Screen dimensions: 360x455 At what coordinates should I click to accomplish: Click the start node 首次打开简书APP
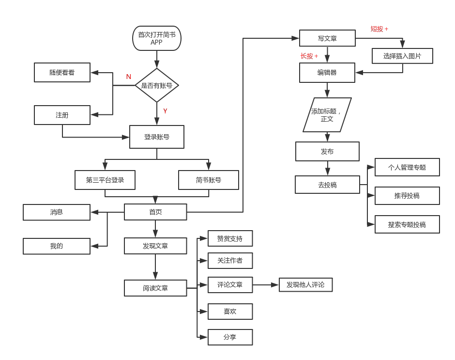tap(156, 38)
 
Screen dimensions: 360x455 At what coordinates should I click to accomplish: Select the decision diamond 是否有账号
tap(156, 85)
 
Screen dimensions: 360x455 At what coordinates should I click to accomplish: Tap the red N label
tap(128, 77)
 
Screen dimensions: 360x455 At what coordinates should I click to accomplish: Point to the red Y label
tap(165, 111)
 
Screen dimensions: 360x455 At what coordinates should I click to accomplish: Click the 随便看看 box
tap(62, 73)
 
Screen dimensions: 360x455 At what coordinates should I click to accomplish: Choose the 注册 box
tap(62, 115)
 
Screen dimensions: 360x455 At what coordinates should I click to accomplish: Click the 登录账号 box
tap(156, 137)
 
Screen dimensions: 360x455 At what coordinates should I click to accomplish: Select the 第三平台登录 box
tap(105, 180)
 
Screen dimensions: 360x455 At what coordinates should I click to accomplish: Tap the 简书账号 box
tap(209, 180)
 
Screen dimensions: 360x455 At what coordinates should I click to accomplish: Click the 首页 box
tap(155, 212)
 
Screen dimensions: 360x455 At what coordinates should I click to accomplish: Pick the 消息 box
tap(57, 212)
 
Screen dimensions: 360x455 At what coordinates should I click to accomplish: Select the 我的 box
tap(57, 246)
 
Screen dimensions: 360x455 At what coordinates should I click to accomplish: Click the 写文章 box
tap(327, 38)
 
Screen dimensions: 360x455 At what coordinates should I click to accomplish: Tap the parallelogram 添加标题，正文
tap(327, 115)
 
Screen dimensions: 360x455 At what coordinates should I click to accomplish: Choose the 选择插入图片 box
tap(402, 56)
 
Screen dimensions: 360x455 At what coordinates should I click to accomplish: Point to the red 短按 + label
tap(379, 29)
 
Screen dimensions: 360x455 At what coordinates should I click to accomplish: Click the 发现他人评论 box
tap(305, 285)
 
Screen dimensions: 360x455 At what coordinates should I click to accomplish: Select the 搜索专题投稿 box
tap(407, 225)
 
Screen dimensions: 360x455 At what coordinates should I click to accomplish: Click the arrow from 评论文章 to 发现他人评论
tap(266, 285)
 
